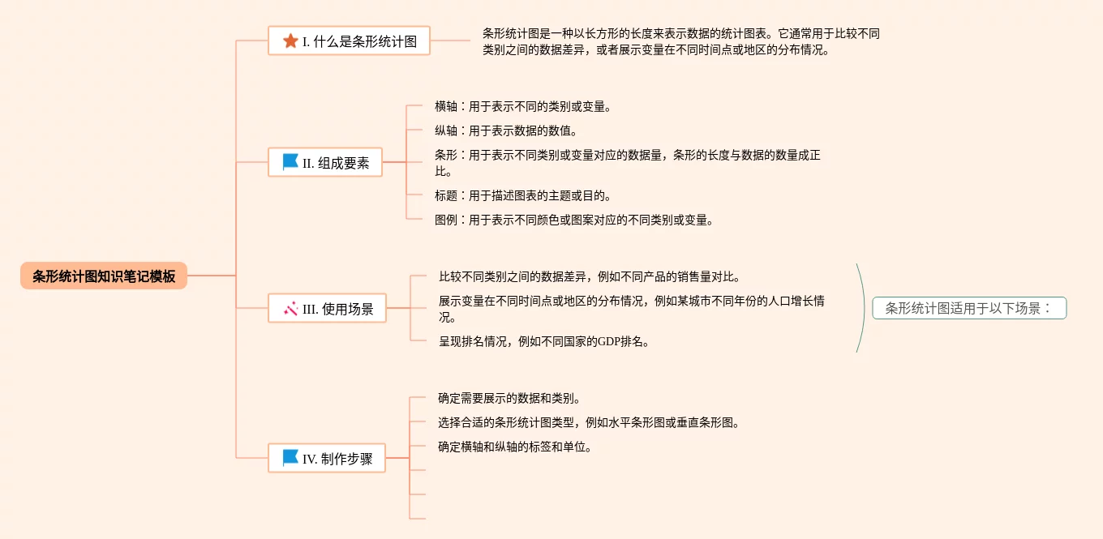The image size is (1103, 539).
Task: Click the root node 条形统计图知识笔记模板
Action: [104, 276]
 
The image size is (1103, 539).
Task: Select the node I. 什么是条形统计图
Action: [349, 41]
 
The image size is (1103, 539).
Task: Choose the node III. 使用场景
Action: [327, 309]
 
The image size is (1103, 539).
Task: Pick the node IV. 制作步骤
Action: [327, 459]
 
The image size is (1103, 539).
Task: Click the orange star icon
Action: [290, 41]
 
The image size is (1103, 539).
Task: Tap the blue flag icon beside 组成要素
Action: [290, 162]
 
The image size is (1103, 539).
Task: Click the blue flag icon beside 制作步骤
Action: [290, 458]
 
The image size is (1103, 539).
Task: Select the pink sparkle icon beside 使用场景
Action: [290, 308]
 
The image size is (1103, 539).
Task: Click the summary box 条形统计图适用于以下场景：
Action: [969, 308]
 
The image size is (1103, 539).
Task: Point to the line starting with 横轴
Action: [523, 106]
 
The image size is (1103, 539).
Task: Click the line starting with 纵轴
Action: [506, 130]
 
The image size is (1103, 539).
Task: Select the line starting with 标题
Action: [523, 195]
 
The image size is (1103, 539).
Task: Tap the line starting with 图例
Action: [574, 220]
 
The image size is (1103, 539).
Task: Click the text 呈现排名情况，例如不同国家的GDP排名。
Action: [544, 341]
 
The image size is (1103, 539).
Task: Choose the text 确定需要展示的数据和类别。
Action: [509, 398]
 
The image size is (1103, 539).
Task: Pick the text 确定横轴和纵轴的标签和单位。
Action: [515, 447]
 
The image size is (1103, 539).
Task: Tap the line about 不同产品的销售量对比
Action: [590, 276]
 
